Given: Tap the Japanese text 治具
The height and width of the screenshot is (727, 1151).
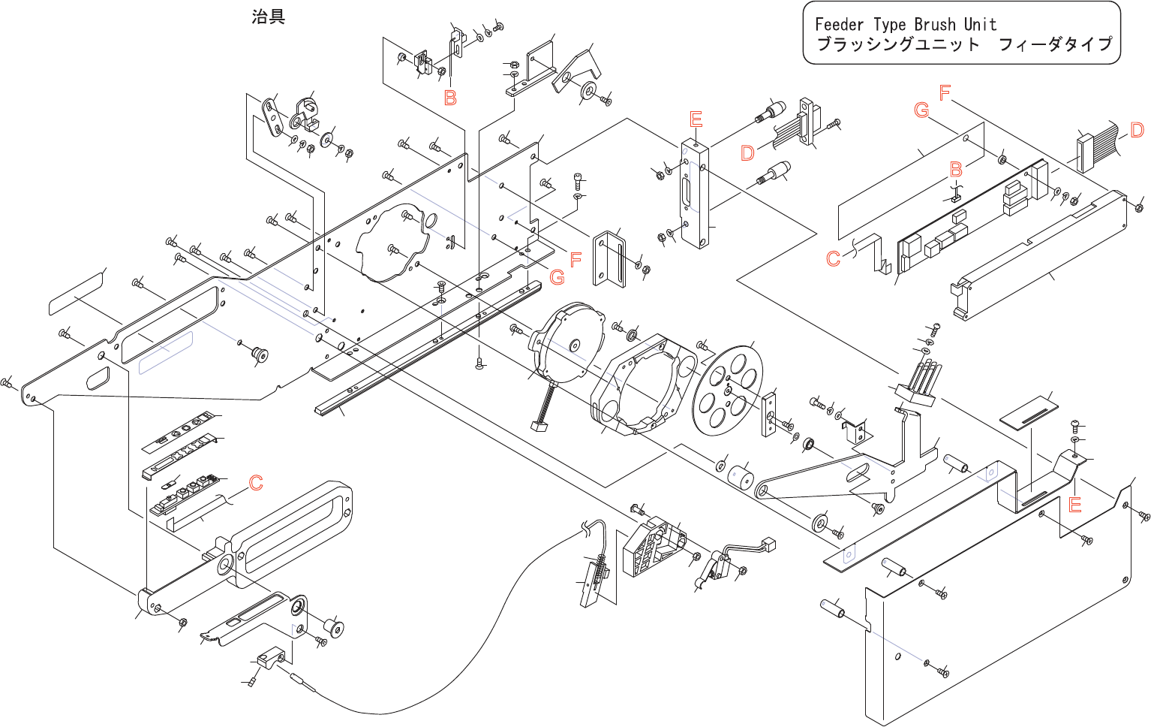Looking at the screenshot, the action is tap(268, 17).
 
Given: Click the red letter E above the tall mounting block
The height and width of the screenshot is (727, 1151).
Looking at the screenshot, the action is tap(696, 120).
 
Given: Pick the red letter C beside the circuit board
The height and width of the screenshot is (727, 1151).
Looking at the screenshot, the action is tap(833, 258).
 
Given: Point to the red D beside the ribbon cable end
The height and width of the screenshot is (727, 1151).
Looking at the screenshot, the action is tap(1137, 130).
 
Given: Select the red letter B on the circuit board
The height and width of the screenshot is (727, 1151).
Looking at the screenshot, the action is tap(956, 169).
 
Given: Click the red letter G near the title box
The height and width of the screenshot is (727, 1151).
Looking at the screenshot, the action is tap(921, 110).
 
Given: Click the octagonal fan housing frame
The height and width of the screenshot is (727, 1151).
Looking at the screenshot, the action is tap(644, 385).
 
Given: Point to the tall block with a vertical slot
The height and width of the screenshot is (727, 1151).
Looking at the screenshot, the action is tap(696, 195).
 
